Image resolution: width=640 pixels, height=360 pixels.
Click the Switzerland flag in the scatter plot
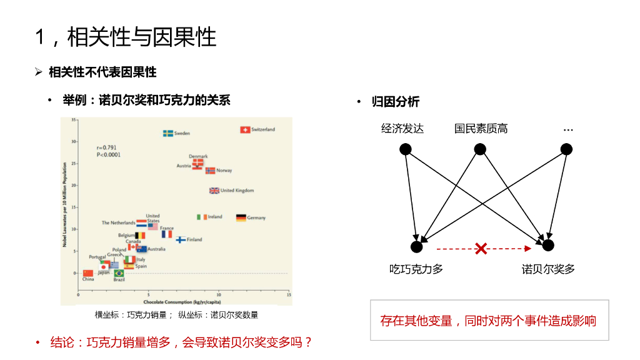245,130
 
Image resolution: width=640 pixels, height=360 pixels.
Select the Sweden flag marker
168,133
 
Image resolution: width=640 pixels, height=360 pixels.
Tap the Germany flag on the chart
241,217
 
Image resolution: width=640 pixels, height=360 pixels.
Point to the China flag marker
88,273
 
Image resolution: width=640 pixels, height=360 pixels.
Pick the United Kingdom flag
214,191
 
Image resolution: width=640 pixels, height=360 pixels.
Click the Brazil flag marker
119,273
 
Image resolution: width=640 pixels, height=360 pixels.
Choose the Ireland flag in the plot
202,217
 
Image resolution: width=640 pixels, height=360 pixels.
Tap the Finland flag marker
181,239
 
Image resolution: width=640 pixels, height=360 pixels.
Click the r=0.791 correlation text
107,147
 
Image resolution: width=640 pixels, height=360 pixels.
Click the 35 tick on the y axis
74,119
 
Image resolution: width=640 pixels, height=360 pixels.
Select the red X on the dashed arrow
481,249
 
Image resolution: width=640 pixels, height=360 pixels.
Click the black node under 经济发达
406,149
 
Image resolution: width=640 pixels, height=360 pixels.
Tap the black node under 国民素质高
480,149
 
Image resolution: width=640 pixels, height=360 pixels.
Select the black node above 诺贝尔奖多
548,245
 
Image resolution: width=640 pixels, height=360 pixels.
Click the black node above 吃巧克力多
416,246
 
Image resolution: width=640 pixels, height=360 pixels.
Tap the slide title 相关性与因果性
142,37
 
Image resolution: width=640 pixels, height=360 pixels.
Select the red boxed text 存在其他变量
489,321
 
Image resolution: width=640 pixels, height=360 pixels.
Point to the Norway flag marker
210,171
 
